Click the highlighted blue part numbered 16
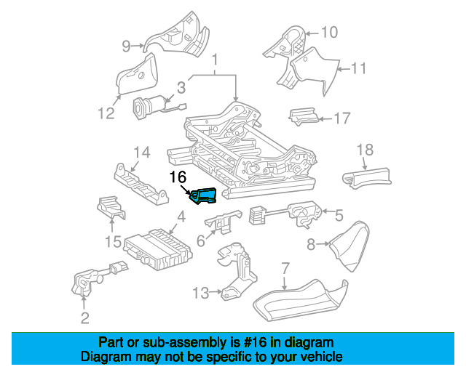pyautogui.click(x=204, y=195)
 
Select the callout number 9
pyautogui.click(x=126, y=46)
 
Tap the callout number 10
pyautogui.click(x=329, y=32)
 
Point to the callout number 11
pyautogui.click(x=358, y=70)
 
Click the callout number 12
pyautogui.click(x=106, y=113)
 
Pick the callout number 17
pyautogui.click(x=341, y=118)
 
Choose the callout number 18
pyautogui.click(x=365, y=150)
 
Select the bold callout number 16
pyautogui.click(x=178, y=177)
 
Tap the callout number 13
pyautogui.click(x=201, y=293)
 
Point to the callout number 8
pyautogui.click(x=311, y=245)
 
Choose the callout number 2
pyautogui.click(x=85, y=318)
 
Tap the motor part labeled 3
pyautogui.click(x=146, y=109)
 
